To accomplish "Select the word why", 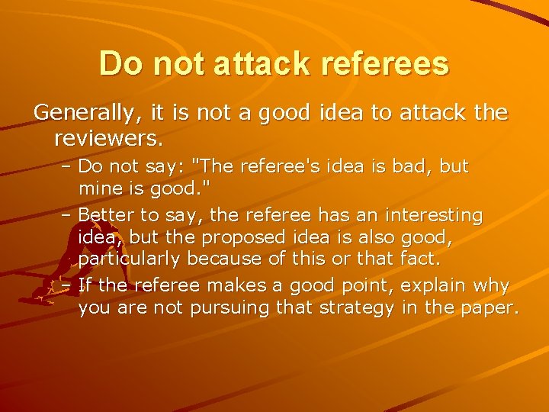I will (497, 287).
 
